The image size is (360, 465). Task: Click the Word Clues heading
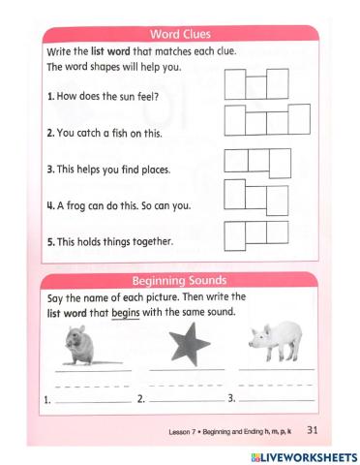coord(181,35)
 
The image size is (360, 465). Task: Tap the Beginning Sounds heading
coord(180,280)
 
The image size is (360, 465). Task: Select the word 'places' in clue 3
coord(152,169)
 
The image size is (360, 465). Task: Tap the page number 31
coord(312,427)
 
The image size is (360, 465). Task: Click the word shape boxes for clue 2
coord(268,119)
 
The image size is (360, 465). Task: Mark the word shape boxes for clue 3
coord(257,160)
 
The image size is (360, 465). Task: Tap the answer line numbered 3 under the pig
coord(276,398)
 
